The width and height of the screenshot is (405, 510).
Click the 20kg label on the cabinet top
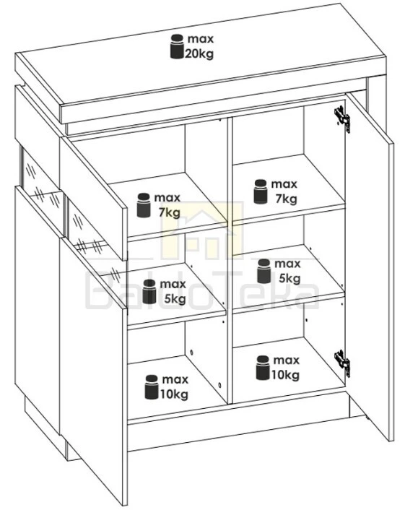[x=199, y=53]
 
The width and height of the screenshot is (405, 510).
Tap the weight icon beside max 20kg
[x=177, y=46]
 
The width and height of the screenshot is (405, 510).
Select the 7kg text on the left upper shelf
[x=170, y=212]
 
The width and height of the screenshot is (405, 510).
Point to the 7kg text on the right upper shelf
[x=286, y=199]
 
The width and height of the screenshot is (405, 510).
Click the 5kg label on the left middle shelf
[x=175, y=298]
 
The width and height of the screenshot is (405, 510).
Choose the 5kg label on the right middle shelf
[x=289, y=278]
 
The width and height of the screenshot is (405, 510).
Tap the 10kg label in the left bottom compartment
[x=174, y=394]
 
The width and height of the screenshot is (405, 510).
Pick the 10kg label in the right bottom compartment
[x=285, y=375]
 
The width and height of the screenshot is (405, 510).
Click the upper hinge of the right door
[x=342, y=118]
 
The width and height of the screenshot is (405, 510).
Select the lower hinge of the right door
[x=342, y=363]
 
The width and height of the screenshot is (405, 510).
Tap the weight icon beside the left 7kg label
[x=144, y=205]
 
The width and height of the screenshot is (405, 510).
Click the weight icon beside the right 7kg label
[x=261, y=191]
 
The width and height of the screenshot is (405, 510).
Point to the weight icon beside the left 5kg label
[x=149, y=291]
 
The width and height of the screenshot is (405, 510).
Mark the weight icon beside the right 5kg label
[x=264, y=271]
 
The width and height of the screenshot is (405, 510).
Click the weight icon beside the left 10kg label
[x=152, y=387]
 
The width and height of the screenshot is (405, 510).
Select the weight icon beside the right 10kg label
[x=263, y=368]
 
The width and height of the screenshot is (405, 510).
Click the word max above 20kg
[x=201, y=39]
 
